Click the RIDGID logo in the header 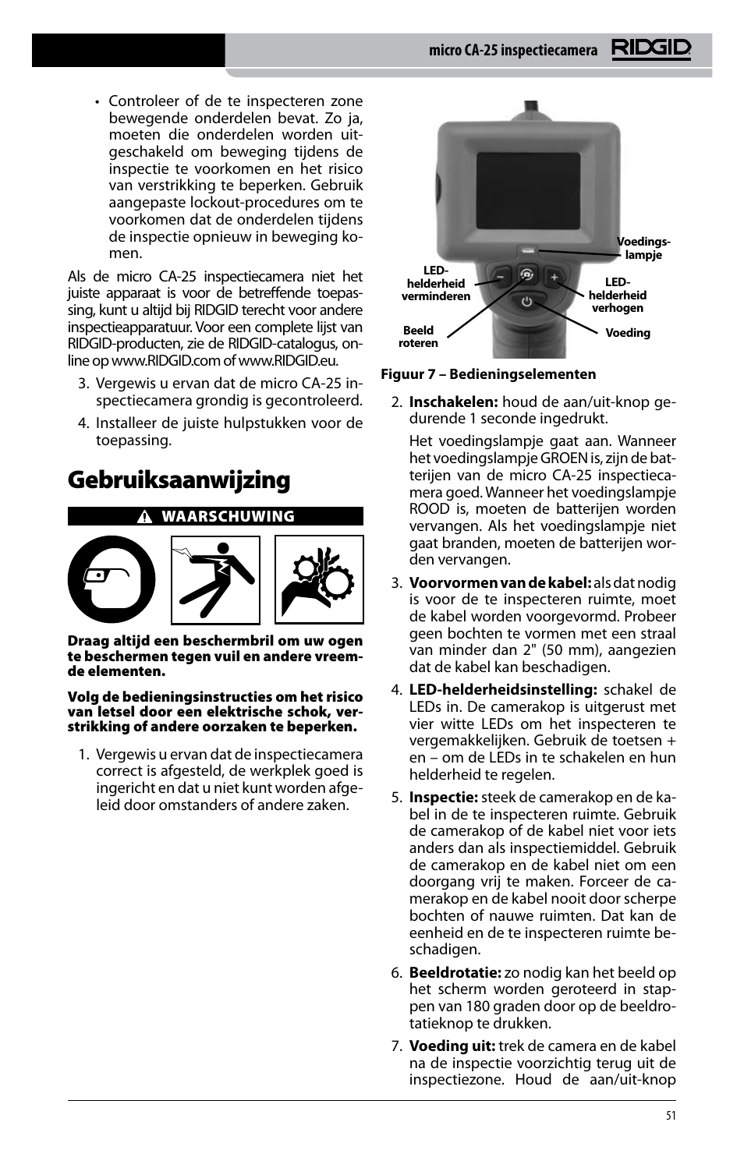pyautogui.click(x=650, y=50)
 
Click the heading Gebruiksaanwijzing pyautogui.click(x=179, y=479)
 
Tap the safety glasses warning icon pyautogui.click(x=112, y=579)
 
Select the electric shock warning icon pyautogui.click(x=215, y=579)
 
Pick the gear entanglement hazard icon pyautogui.click(x=319, y=579)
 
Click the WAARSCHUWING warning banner pyautogui.click(x=215, y=516)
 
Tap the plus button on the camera pyautogui.click(x=554, y=277)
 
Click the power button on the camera pyautogui.click(x=527, y=302)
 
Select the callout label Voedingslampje pyautogui.click(x=643, y=248)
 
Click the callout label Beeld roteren pyautogui.click(x=418, y=337)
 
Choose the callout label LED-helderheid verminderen pyautogui.click(x=435, y=284)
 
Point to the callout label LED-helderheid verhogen pyautogui.click(x=617, y=295)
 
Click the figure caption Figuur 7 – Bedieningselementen pyautogui.click(x=488, y=374)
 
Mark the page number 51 pyautogui.click(x=671, y=1116)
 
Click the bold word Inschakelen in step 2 pyautogui.click(x=453, y=402)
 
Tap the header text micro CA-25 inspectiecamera pyautogui.click(x=512, y=51)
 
